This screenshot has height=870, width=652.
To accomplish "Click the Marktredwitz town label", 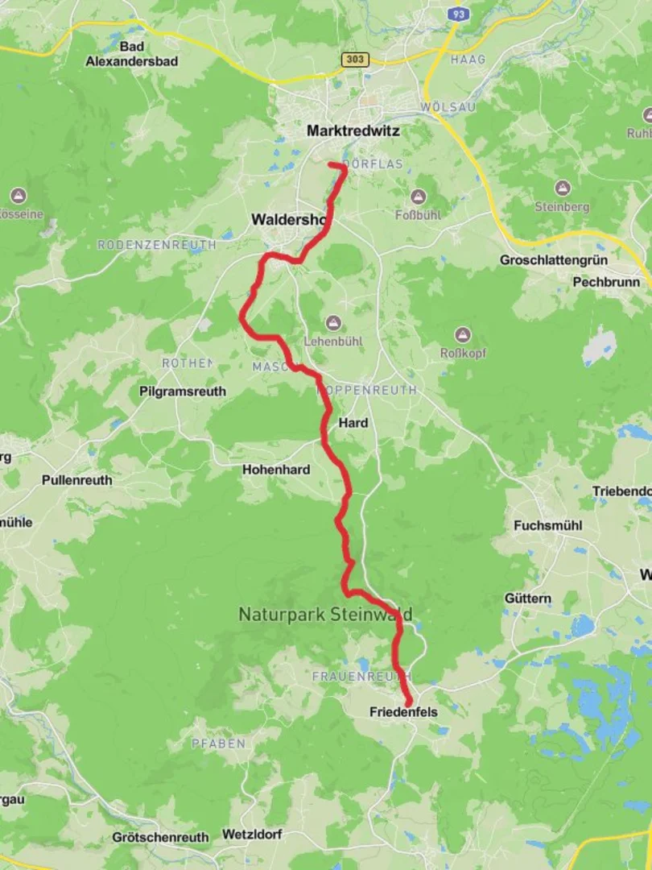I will (353, 130).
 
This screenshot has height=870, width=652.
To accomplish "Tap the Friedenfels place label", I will (403, 712).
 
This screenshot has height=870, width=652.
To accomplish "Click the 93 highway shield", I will (458, 14).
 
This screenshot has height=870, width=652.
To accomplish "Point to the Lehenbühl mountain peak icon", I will (333, 323).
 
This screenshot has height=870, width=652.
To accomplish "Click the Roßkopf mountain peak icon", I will (462, 334).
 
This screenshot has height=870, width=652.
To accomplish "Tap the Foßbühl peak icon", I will (418, 197).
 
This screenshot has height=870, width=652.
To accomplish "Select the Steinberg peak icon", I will (562, 188).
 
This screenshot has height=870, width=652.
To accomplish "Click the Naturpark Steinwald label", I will (325, 615).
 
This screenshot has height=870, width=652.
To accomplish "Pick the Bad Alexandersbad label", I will (132, 53).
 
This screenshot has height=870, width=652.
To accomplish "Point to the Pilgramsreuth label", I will (183, 391).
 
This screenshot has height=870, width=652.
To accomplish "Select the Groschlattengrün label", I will (554, 260).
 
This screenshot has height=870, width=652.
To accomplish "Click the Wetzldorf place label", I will (252, 835).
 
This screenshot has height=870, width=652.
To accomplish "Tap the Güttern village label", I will (528, 599).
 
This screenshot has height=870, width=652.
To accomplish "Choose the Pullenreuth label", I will (77, 480).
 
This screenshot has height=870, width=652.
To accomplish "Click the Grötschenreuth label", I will (161, 837).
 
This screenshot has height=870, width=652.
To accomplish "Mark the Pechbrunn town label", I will (606, 282).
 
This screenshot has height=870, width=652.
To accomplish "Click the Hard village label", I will (353, 423).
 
